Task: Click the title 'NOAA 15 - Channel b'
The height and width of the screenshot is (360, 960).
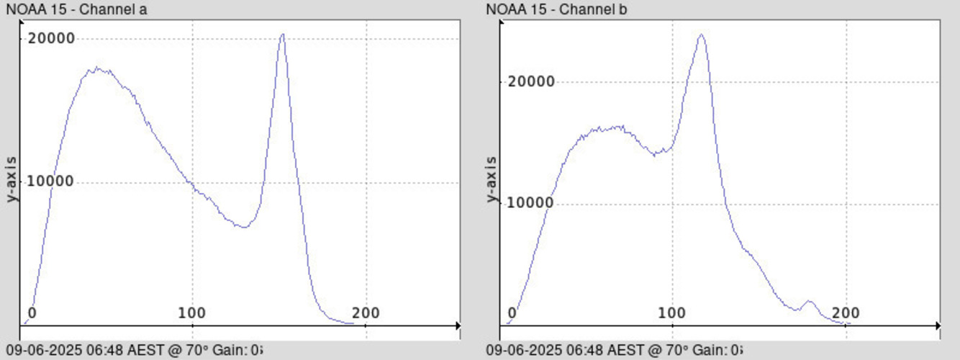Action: tap(551, 9)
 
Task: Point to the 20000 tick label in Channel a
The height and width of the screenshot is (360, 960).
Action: tap(51, 38)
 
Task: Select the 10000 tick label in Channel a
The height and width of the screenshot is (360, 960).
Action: tap(51, 181)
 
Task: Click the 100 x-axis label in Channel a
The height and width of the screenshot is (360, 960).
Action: tap(192, 313)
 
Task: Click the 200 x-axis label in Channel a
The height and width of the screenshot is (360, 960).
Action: tap(366, 313)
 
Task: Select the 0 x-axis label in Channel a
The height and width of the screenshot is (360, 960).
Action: tap(32, 313)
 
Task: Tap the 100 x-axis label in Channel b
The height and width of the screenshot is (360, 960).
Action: tap(672, 313)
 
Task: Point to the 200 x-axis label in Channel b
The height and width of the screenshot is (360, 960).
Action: tap(846, 313)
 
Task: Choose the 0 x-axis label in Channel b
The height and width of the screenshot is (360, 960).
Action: tap(512, 313)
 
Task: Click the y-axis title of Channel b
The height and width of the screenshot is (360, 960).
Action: tap(492, 179)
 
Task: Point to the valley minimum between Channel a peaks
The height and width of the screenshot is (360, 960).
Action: tap(245, 227)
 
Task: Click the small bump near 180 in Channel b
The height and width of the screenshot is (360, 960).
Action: tap(810, 302)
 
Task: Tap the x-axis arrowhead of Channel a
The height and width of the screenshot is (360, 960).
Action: tap(458, 326)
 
